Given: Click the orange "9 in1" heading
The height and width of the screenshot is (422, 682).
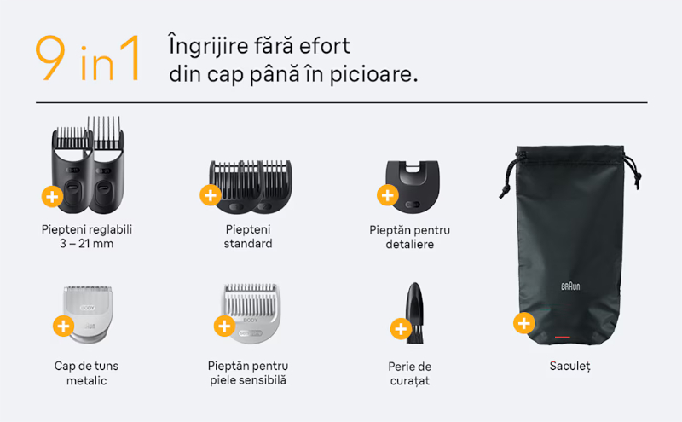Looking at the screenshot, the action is coord(88,58).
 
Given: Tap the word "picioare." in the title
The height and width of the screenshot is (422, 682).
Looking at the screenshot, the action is coord(373,74).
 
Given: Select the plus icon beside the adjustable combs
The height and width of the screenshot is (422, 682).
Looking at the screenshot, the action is coord(52,197).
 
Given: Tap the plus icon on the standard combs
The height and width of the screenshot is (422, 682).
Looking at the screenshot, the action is coord(211,195).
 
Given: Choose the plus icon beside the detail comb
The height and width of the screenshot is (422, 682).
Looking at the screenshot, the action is coord(388,195).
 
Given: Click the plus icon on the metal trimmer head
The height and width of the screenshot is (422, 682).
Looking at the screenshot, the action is coord(63,326).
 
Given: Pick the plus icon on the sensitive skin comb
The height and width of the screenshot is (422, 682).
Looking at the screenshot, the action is coord(224,326).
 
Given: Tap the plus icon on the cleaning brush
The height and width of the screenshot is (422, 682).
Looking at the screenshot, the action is coord(401,329).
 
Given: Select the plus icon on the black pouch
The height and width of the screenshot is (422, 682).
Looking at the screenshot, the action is coord(523,323).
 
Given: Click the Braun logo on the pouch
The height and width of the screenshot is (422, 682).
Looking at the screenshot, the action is coord(570,286).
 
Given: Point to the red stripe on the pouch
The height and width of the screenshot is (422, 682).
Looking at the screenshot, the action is coord(562,337).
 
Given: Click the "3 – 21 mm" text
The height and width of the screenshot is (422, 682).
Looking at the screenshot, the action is coord(87,244).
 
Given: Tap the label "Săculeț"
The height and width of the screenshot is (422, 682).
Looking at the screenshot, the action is coord(569,367).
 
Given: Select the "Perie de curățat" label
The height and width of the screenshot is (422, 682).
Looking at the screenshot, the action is coord(410,373).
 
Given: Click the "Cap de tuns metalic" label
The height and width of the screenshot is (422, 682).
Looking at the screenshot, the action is coord(87,373).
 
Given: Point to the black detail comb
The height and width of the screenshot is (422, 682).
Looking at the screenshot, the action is coord(413,187).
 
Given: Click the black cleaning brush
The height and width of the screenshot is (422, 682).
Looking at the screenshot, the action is coord(414,313).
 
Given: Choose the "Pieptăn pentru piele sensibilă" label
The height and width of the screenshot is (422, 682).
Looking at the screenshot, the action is coord(248,373).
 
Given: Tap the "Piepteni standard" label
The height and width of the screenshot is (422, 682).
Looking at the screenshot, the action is coord(248,236).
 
